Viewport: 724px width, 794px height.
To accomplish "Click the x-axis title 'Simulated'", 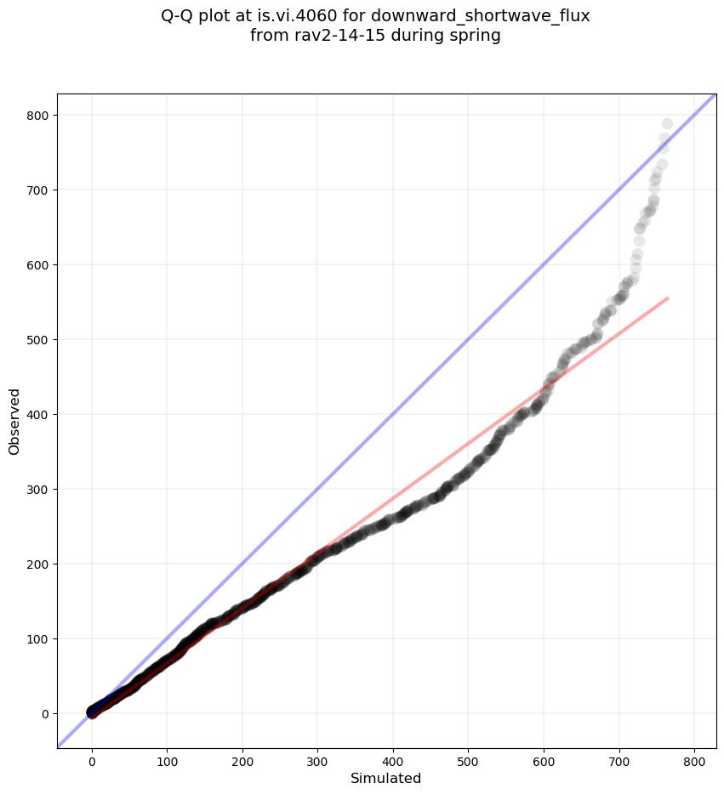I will coord(386,778).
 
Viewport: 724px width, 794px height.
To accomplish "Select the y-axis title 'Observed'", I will coord(14,421).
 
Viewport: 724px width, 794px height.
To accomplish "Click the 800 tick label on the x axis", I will coord(694,758).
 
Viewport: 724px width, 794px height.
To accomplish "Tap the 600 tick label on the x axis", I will coord(544,758).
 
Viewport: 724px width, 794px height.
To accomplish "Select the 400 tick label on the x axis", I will coord(393,758).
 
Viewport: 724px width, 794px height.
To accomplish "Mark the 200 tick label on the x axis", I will coord(242,758).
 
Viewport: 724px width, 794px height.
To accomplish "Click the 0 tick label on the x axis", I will coord(92,758).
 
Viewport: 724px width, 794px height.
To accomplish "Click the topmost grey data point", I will coord(667,124).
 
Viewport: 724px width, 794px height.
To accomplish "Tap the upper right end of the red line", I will coord(667,298).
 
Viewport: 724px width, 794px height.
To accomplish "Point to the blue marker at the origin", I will coord(92,712).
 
